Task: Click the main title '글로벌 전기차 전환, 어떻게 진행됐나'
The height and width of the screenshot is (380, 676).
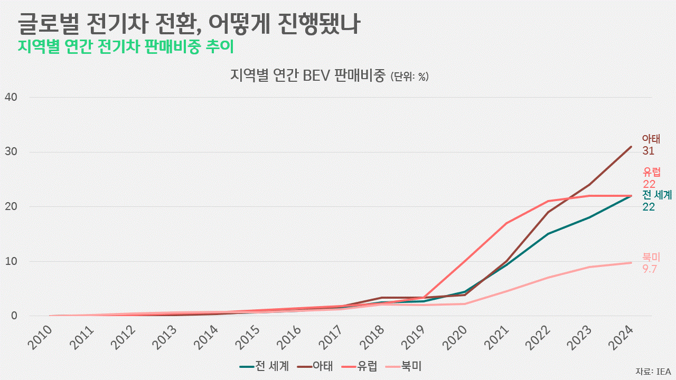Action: click(189, 24)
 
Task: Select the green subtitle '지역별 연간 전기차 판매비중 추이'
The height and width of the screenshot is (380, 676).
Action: click(126, 46)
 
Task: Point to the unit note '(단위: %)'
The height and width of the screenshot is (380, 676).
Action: click(409, 77)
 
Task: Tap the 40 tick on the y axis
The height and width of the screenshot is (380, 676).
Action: click(11, 97)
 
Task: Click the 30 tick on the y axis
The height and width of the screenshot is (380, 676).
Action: click(11, 152)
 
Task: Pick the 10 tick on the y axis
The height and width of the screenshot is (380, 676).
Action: click(11, 261)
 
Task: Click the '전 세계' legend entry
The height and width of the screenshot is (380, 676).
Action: click(264, 366)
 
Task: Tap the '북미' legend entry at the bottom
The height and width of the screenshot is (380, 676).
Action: click(405, 366)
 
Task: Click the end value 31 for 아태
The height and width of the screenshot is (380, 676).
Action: click(649, 151)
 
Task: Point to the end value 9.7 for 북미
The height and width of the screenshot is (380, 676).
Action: click(650, 269)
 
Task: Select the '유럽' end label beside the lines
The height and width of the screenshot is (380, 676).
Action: click(652, 172)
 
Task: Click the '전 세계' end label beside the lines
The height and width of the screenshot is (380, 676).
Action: click(657, 195)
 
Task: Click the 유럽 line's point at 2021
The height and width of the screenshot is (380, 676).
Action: click(506, 223)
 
